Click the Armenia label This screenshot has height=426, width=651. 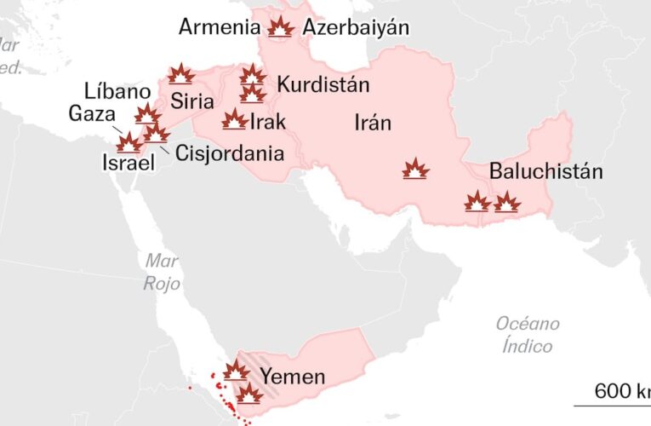(x=220, y=27)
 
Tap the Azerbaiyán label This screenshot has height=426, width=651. (x=356, y=27)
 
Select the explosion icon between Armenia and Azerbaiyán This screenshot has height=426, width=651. (x=280, y=28)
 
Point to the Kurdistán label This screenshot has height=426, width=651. (x=323, y=84)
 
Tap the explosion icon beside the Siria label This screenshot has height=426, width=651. (x=180, y=75)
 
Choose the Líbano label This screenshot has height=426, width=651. (x=118, y=92)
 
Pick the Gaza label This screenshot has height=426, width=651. (x=87, y=113)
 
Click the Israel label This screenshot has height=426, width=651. (x=128, y=162)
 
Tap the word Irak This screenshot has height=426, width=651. (x=268, y=122)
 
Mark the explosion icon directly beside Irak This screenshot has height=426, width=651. (x=234, y=120)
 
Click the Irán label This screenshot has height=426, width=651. (x=373, y=123)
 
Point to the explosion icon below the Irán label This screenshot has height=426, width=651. (x=415, y=170)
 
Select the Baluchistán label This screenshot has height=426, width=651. (x=545, y=171)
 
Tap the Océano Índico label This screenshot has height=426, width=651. (x=528, y=334)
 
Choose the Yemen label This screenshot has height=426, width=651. (x=292, y=377)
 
